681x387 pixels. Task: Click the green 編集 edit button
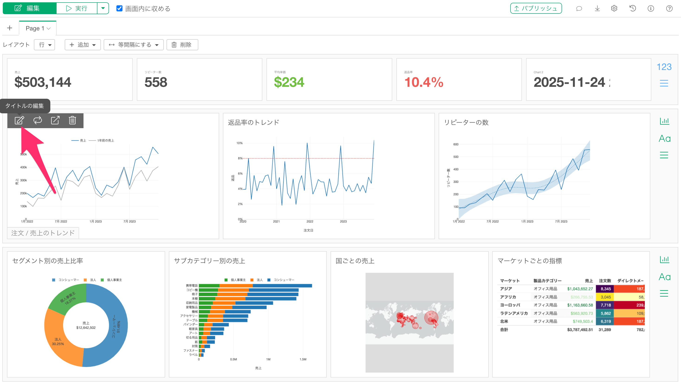click(x=29, y=8)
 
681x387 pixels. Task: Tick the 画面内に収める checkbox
click(x=119, y=9)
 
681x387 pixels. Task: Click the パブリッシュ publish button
click(x=536, y=8)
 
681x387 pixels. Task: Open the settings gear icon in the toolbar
click(x=614, y=8)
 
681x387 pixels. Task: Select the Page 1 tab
click(x=38, y=28)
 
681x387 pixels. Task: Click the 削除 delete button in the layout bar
click(x=182, y=45)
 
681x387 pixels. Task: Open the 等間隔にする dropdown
click(x=134, y=45)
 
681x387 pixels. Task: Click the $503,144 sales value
click(x=43, y=82)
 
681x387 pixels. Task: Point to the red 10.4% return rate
click(x=424, y=82)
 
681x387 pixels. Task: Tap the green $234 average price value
click(x=289, y=82)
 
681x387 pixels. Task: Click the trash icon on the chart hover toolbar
click(x=72, y=121)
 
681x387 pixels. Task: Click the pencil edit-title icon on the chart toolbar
click(x=19, y=121)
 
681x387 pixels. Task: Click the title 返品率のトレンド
click(x=253, y=122)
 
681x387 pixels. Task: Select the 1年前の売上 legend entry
click(x=105, y=140)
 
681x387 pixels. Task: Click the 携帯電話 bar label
click(x=192, y=285)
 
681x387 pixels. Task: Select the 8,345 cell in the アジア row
click(x=605, y=289)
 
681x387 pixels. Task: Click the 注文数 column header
click(x=605, y=281)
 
